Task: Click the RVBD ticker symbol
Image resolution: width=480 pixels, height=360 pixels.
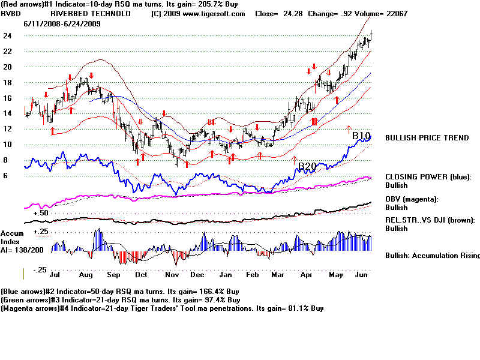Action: [x=11, y=13]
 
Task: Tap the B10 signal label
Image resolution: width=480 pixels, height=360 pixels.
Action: [x=362, y=136]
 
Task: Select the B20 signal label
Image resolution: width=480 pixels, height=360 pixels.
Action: [x=307, y=166]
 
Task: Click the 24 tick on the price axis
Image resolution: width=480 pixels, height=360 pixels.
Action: [x=8, y=35]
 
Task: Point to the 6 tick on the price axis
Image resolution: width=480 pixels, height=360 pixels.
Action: [x=5, y=175]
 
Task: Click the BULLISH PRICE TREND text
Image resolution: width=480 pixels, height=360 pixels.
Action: [x=427, y=138]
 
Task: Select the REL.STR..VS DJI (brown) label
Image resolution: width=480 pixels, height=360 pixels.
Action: [x=430, y=220]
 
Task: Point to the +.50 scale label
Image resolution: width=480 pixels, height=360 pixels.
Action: [x=41, y=213]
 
